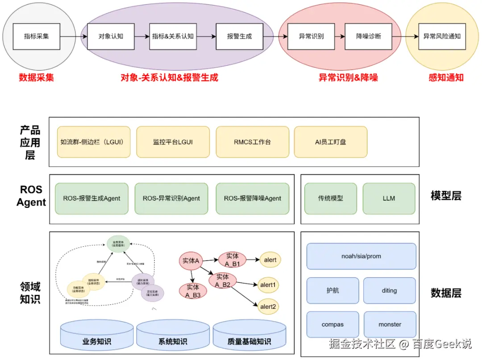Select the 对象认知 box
click(111, 36)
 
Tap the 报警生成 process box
click(239, 36)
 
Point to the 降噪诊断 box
click(368, 36)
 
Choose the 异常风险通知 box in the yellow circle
click(441, 36)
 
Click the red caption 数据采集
click(36, 77)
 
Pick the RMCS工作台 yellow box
click(252, 142)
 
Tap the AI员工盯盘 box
click(330, 142)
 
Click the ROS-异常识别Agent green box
click(171, 198)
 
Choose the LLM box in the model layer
click(389, 198)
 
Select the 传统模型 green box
click(331, 198)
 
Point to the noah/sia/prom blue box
click(361, 256)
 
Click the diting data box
click(389, 290)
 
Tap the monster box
click(390, 324)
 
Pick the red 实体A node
click(191, 261)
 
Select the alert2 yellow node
click(270, 306)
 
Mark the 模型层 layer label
click(446, 196)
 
